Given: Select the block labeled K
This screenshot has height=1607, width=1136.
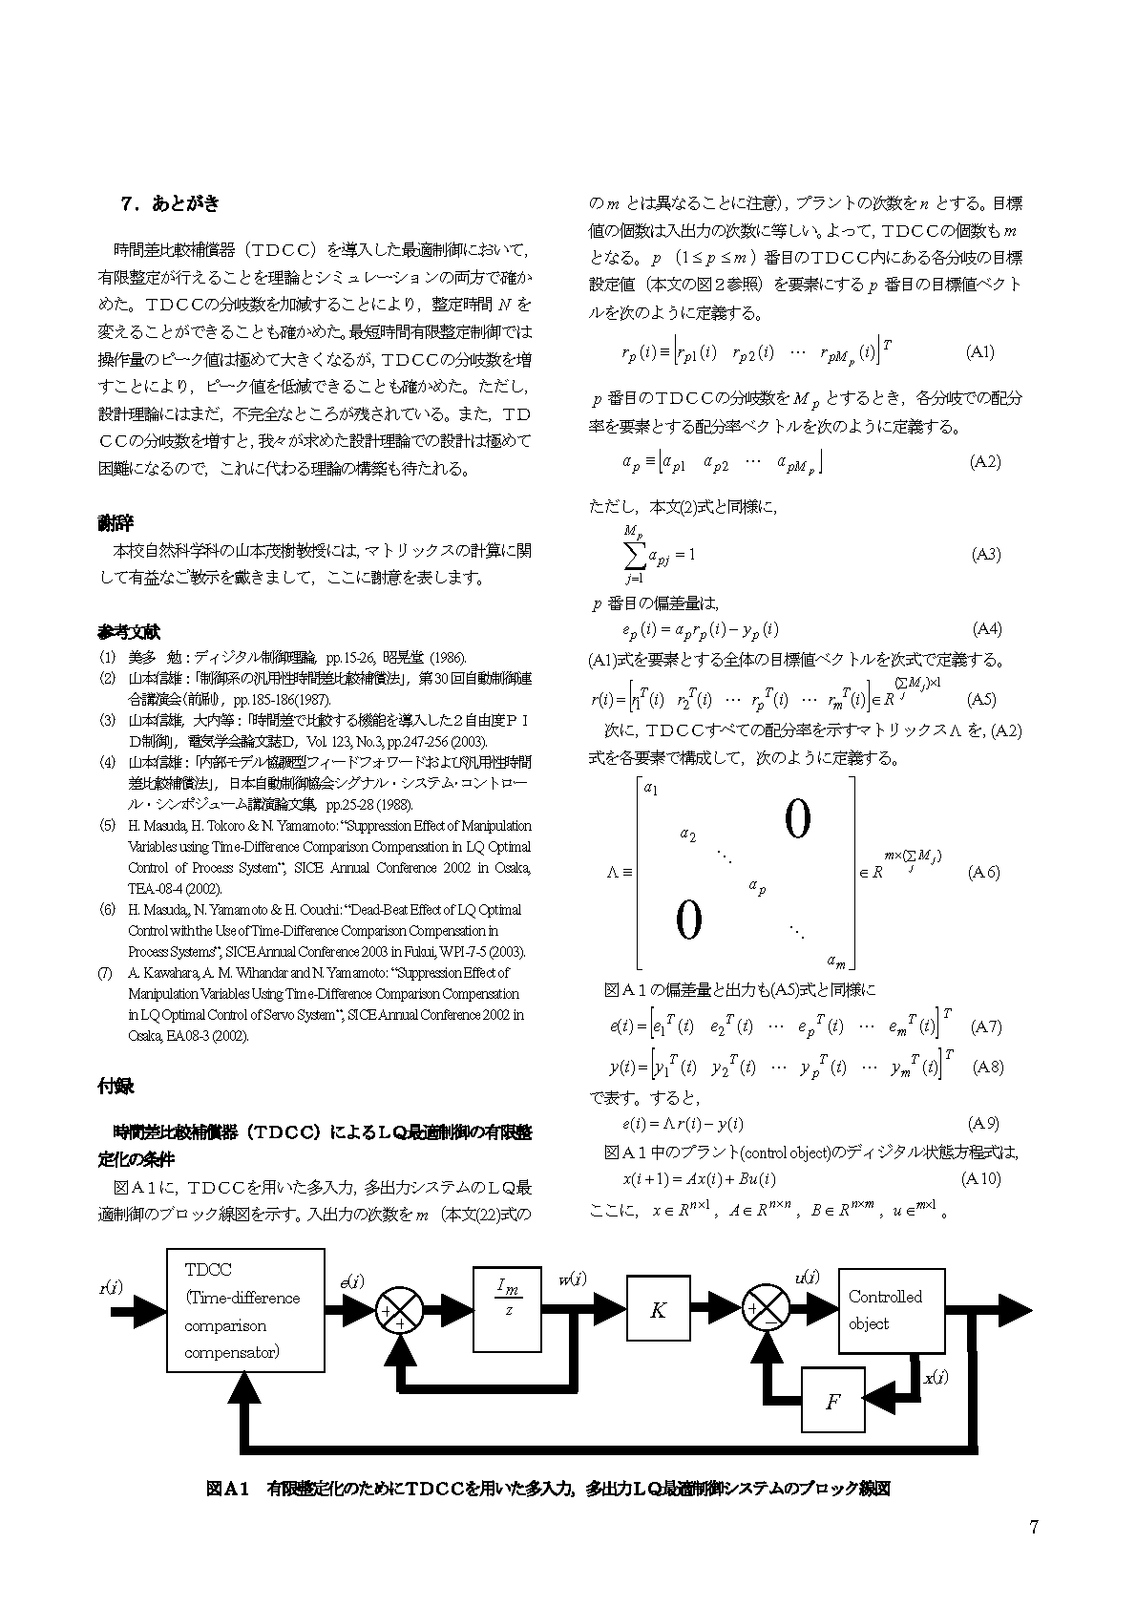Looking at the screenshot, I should pyautogui.click(x=658, y=1310).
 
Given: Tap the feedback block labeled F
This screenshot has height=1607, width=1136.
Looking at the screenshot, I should pyautogui.click(x=832, y=1401).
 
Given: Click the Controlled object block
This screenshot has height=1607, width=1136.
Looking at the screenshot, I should pyautogui.click(x=891, y=1309).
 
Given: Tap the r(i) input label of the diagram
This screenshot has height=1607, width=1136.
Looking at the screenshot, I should pyautogui.click(x=111, y=1286).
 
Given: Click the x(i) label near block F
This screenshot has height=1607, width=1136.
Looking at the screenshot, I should pyautogui.click(x=936, y=1377).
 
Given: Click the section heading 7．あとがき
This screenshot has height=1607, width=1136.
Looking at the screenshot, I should pyautogui.click(x=170, y=203).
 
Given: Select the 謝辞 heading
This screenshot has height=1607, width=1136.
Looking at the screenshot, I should pyautogui.click(x=116, y=523).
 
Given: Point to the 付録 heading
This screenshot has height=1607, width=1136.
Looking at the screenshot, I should pyautogui.click(x=116, y=1086).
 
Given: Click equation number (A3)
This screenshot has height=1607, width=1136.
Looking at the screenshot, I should pyautogui.click(x=986, y=554).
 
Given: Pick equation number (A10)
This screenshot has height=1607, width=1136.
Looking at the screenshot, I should pyautogui.click(x=982, y=1178).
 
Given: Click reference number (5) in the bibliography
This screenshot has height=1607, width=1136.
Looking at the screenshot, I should pyautogui.click(x=107, y=825).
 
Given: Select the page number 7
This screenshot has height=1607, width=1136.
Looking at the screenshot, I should pyautogui.click(x=1033, y=1525).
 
